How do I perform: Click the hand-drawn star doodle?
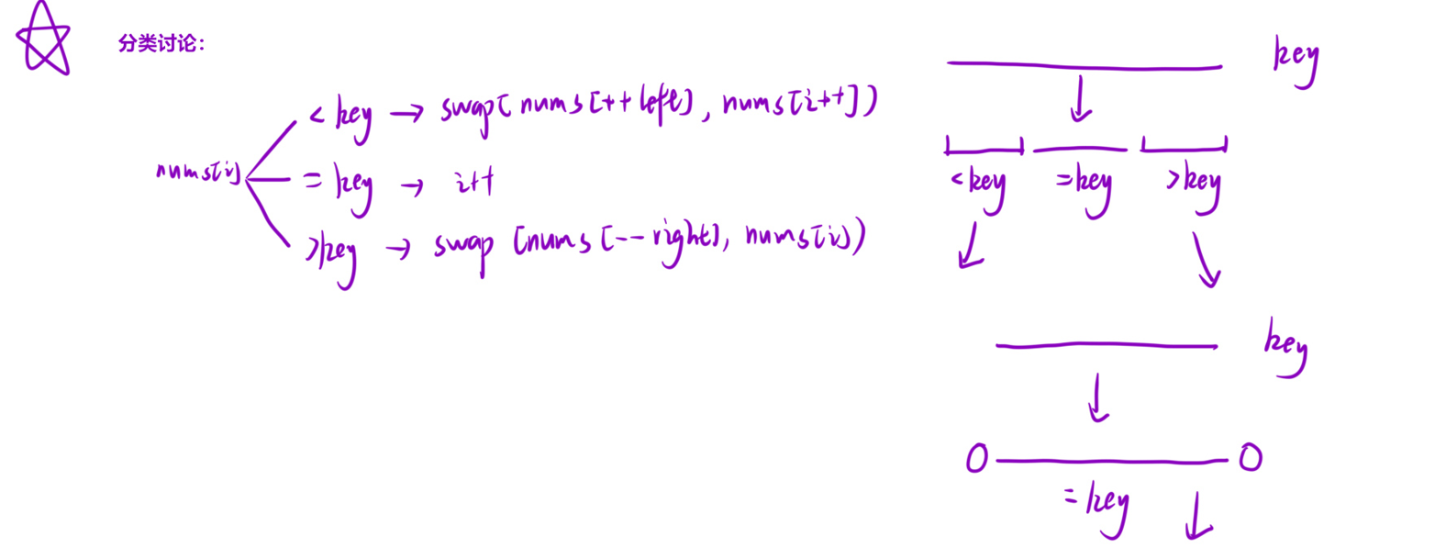[x=43, y=39]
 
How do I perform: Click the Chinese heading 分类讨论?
[x=161, y=43]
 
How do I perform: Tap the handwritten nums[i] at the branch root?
[x=197, y=172]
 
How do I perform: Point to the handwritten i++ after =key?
[x=474, y=182]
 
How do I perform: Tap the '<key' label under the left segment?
[x=979, y=185]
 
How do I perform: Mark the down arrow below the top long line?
[x=1081, y=99]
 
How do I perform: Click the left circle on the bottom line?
[x=977, y=458]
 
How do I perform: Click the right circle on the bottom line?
[x=1250, y=457]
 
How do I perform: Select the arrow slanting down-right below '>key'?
[x=1205, y=260]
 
